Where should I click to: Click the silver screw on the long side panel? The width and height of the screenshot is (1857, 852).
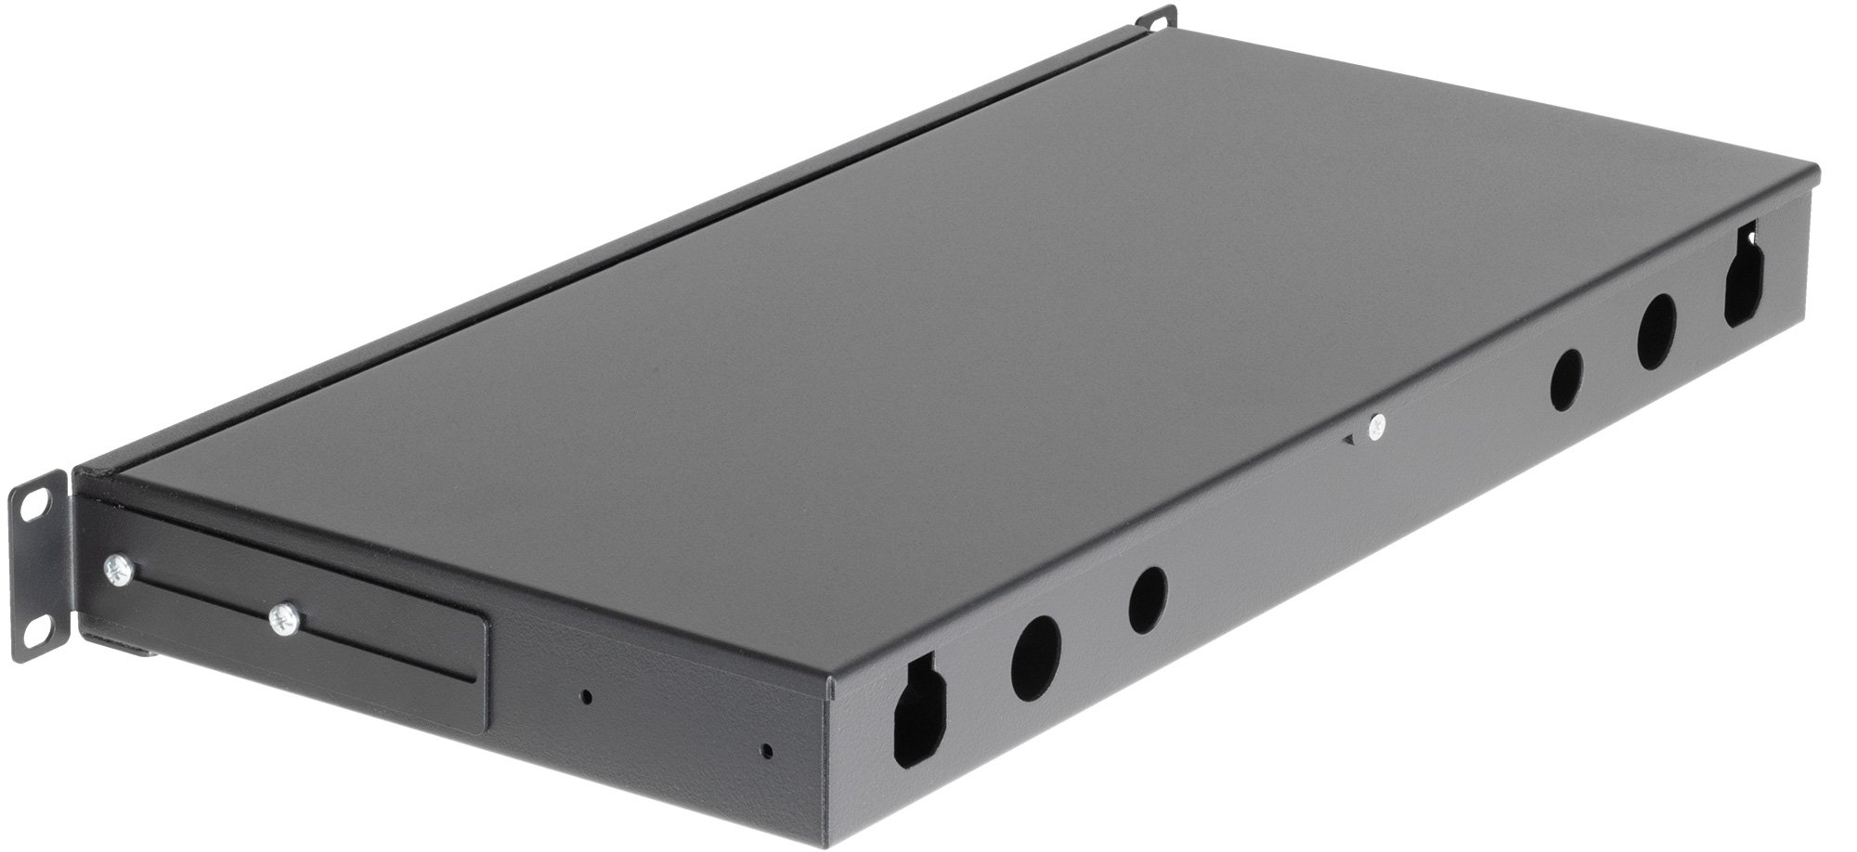pos(1375,427)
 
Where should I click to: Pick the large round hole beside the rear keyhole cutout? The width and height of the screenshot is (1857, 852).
pos(1656,332)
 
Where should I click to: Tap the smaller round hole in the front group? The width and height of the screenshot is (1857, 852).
pos(1148,600)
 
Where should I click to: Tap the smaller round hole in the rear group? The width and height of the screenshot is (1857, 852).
pos(1567,380)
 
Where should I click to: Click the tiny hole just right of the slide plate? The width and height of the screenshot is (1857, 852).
pos(585,695)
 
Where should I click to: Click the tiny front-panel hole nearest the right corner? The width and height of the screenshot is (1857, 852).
pos(766,750)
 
